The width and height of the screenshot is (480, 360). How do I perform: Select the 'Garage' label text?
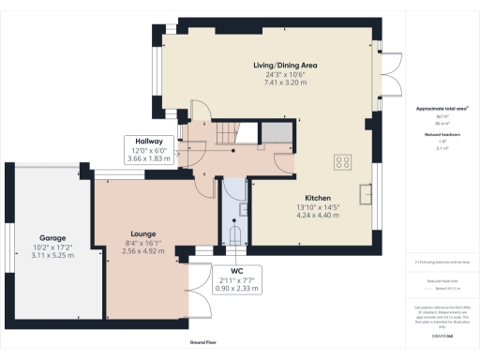pyautogui.click(x=52, y=238)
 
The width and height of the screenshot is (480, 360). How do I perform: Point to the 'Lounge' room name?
pyautogui.click(x=143, y=232)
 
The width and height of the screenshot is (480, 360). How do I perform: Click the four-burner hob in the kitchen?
pyautogui.click(x=342, y=161)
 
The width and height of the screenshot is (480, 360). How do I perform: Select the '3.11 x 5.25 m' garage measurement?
pyautogui.click(x=52, y=256)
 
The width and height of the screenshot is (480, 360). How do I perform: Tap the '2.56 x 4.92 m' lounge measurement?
pyautogui.click(x=143, y=250)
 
